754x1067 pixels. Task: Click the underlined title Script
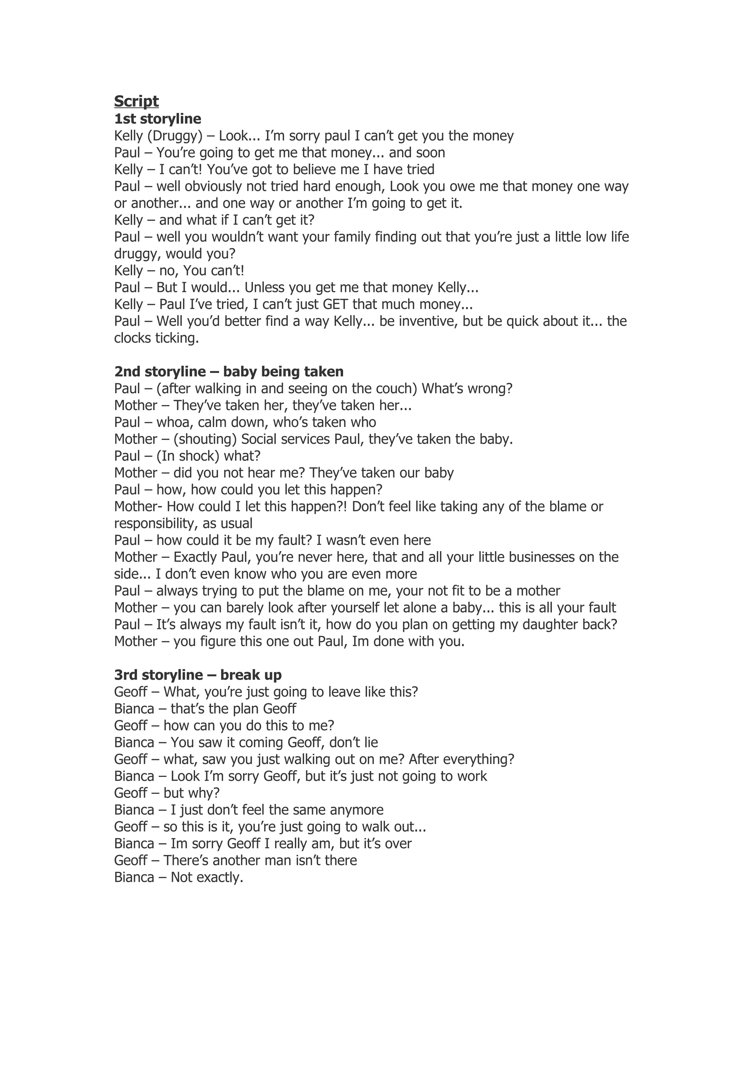tap(136, 101)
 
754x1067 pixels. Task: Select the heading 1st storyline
tap(158, 119)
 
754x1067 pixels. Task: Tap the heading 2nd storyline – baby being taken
tap(229, 372)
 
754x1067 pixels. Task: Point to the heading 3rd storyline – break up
tap(198, 675)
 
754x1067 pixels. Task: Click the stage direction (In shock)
tap(188, 456)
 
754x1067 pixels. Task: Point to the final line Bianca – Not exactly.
tap(179, 877)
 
